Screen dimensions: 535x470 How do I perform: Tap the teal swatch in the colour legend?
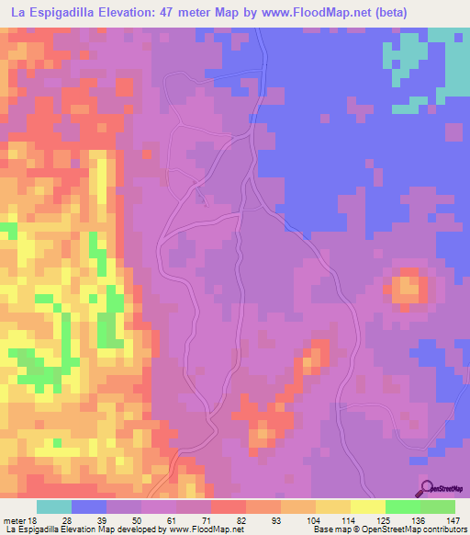(54, 507)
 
